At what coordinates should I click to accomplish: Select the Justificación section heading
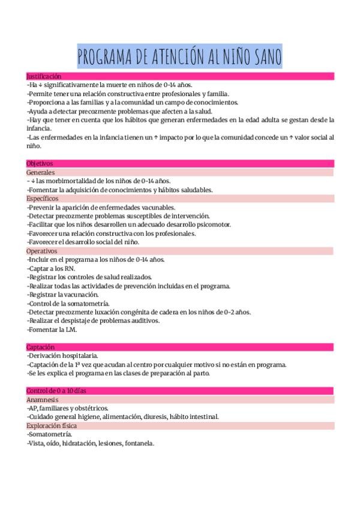44,76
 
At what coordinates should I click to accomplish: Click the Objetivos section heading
40,163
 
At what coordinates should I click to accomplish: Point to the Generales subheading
41,172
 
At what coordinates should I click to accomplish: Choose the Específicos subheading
43,198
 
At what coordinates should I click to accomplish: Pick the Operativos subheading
42,251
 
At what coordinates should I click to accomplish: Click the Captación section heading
41,347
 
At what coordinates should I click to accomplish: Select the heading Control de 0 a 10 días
56,391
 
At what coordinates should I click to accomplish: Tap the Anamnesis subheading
43,400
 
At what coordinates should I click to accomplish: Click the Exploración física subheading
52,426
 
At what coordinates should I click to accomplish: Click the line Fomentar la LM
52,330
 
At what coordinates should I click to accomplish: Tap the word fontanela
139,444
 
